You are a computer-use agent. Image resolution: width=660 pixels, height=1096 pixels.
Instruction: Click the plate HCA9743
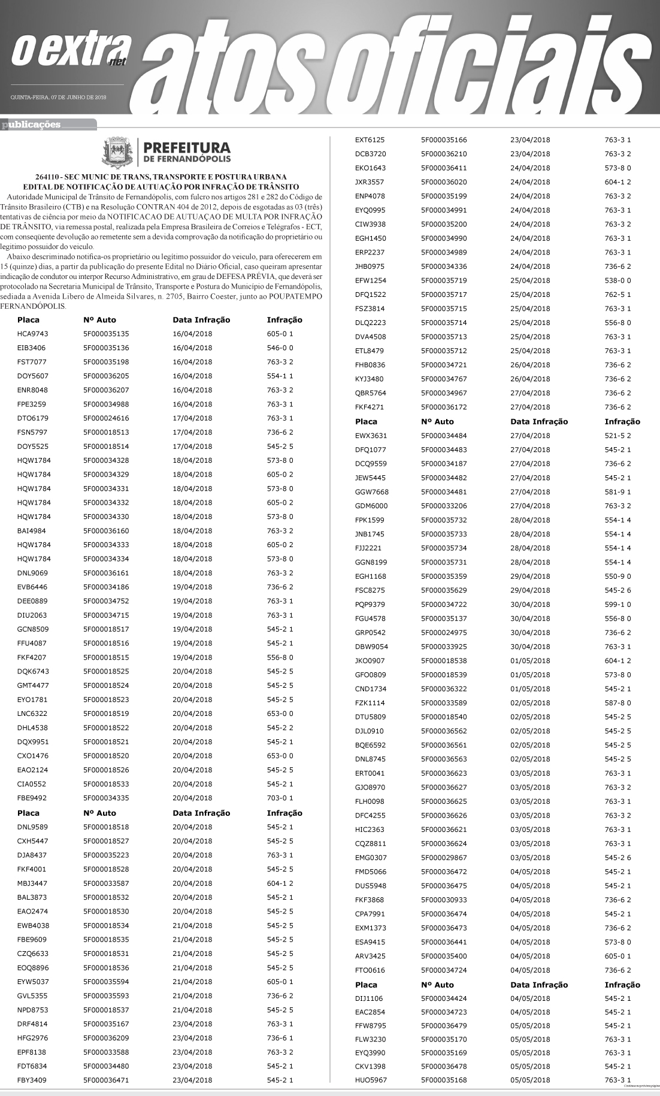coord(32,334)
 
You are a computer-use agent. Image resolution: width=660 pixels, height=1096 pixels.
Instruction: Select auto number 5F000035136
coord(106,348)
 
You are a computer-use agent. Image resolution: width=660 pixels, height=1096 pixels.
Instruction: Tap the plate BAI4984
coord(31,531)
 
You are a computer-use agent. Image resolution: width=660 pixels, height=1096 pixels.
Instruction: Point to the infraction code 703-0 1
coord(280,798)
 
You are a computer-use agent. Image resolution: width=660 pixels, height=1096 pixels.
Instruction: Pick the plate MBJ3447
coord(32,883)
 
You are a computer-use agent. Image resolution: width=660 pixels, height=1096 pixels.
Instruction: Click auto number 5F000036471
coord(106,1080)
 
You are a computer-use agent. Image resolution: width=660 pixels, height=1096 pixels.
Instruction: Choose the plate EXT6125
coord(370,140)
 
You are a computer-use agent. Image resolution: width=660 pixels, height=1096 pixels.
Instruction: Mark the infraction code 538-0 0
coord(617,281)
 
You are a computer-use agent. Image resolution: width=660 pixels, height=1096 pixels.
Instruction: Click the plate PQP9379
coord(370,605)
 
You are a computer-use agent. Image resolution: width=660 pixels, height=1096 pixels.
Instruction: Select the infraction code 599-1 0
coord(617,605)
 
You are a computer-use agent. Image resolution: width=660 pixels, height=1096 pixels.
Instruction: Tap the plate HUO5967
coord(371,1080)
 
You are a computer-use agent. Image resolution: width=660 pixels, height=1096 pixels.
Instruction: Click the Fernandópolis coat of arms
coord(117,152)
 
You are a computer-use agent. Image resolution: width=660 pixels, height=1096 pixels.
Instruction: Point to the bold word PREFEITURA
coord(187,148)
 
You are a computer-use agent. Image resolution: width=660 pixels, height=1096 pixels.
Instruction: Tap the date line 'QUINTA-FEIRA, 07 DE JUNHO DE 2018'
coord(58,97)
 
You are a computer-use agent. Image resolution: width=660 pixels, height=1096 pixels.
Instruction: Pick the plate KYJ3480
coord(369,379)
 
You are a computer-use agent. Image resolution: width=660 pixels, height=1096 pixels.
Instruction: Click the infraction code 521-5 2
coord(617,436)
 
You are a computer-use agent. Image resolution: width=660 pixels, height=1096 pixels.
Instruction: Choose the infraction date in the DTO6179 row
coord(192,418)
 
